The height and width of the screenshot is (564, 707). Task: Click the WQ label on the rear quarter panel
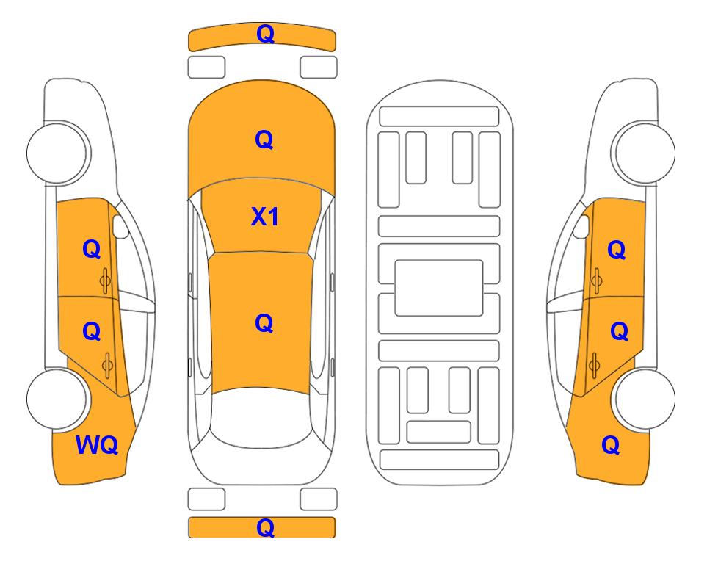tap(97, 445)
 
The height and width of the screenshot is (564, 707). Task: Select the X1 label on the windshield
tap(265, 217)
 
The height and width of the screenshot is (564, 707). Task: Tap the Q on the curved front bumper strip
tap(265, 34)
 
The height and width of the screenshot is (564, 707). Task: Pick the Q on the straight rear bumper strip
tap(265, 527)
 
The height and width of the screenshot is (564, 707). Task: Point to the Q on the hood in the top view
tap(264, 140)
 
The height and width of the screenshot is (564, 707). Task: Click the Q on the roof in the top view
tap(264, 323)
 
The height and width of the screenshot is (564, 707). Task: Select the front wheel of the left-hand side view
tap(57, 153)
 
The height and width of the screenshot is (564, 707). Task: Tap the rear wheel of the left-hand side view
tap(57, 399)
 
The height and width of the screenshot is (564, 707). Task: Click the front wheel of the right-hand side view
tap(645, 153)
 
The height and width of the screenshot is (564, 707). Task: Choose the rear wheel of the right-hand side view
tap(645, 399)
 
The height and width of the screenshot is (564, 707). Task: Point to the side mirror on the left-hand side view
tap(120, 226)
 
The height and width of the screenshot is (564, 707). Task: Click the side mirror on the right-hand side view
tap(581, 226)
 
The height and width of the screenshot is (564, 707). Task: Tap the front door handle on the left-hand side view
tap(106, 281)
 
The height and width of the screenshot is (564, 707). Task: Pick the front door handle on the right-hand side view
tap(596, 281)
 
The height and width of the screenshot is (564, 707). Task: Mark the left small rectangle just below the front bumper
tap(206, 68)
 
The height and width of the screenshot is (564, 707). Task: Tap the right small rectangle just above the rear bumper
tap(319, 499)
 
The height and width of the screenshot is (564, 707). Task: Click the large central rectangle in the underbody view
tap(439, 288)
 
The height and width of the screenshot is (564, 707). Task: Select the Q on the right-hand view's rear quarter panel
tap(611, 445)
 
